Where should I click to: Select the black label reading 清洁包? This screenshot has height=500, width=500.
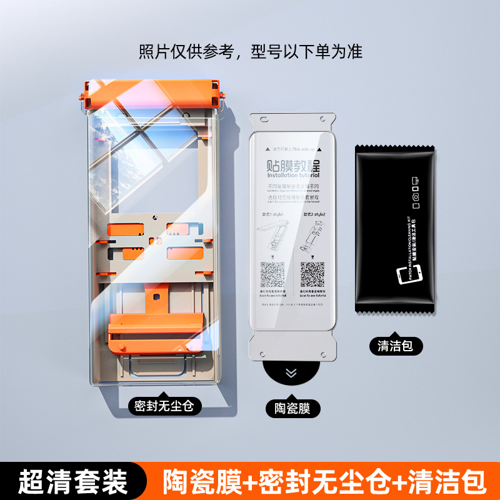coord(395,346)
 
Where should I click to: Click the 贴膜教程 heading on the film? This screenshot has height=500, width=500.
coord(292,167)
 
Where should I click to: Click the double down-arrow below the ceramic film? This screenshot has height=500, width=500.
coord(291,374)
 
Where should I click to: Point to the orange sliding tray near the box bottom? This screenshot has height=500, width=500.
coord(157,331)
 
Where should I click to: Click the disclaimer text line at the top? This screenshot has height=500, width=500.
coord(250,51)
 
